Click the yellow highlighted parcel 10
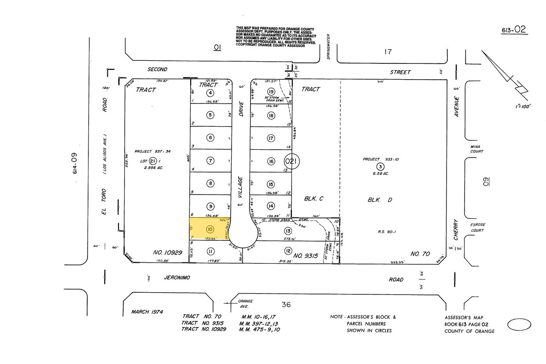pyautogui.click(x=210, y=229)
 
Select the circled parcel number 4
pyautogui.click(x=210, y=92)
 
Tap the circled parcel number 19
pyautogui.click(x=271, y=92)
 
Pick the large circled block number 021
pyautogui.click(x=291, y=162)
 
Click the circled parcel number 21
pyautogui.click(x=153, y=161)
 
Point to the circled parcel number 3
pyautogui.click(x=380, y=166)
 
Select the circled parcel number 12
pyautogui.click(x=288, y=251)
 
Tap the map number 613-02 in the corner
pyautogui.click(x=514, y=30)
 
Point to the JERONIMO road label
pyautogui.click(x=177, y=278)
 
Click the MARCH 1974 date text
pyautogui.click(x=147, y=312)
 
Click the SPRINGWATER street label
pyautogui.click(x=328, y=47)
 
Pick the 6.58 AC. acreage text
pyautogui.click(x=380, y=173)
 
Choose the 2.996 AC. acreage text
pyautogui.click(x=153, y=168)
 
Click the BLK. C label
pyautogui.click(x=314, y=199)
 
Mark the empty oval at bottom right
pyautogui.click(x=520, y=325)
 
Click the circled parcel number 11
pyautogui.click(x=210, y=251)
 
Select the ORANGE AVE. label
pyautogui.click(x=245, y=304)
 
